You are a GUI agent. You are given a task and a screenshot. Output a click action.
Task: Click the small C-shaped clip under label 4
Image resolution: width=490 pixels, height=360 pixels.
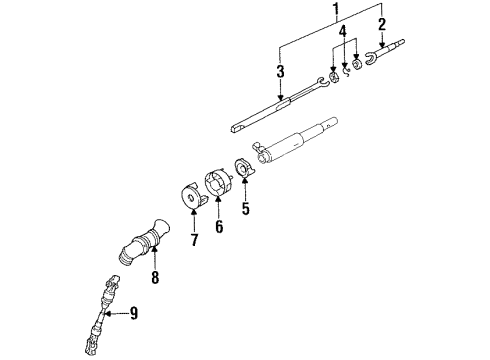[345, 69]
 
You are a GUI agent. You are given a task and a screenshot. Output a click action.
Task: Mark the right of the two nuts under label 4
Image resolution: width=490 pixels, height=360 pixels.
[358, 66]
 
